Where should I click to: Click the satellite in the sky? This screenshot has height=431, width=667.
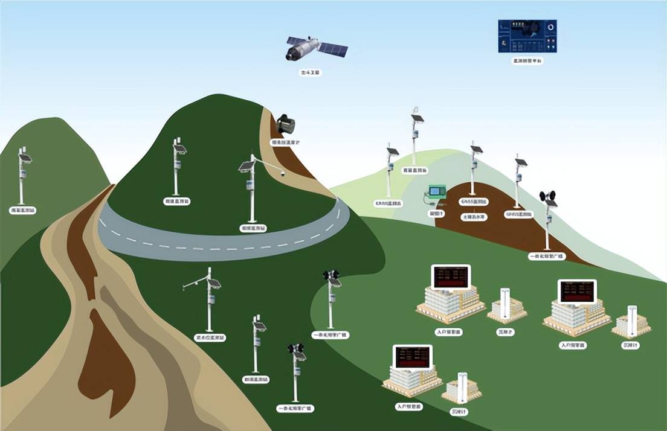315,48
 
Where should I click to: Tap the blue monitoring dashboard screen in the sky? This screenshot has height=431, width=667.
527,36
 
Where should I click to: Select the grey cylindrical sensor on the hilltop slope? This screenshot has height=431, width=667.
285,124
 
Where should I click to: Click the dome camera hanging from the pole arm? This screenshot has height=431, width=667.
282,173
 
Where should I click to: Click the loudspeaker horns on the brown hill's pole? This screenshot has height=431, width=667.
547,196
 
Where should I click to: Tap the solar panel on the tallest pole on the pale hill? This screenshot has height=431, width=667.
417,119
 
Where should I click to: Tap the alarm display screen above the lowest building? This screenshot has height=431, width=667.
412,357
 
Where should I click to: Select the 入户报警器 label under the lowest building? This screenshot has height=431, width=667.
409,407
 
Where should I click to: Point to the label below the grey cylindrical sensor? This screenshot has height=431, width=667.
285,142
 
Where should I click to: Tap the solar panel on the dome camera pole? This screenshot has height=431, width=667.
245,166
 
